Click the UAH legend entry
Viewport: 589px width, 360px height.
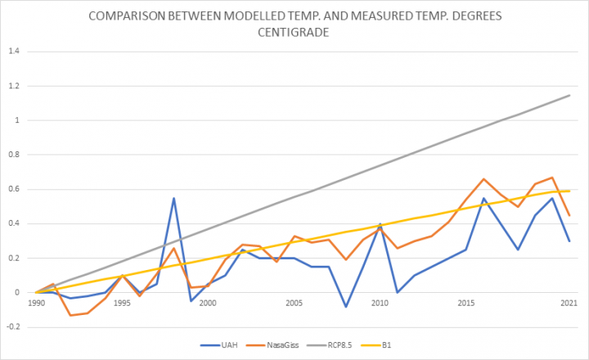point(219,345)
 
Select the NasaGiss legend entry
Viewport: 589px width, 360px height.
point(272,345)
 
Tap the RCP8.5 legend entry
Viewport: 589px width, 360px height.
point(330,345)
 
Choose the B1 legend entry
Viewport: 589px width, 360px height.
point(376,345)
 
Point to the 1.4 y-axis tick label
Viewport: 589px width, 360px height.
point(14,52)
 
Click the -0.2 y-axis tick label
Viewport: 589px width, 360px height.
point(13,327)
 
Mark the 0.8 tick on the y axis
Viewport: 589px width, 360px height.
point(14,155)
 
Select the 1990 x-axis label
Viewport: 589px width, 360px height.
point(36,303)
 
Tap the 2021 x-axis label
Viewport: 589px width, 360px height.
point(569,303)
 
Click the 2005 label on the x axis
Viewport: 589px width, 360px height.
point(294,303)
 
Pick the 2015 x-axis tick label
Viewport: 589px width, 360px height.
point(465,303)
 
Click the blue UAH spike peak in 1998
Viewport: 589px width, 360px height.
point(174,198)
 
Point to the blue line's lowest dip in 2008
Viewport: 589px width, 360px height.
point(346,307)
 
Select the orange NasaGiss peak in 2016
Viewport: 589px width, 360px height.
point(483,179)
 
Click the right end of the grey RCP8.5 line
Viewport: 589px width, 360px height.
point(570,96)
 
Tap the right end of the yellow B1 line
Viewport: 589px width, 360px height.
point(570,191)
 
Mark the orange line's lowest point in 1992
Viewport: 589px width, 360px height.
point(70,315)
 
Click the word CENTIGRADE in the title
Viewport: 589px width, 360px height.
point(294,32)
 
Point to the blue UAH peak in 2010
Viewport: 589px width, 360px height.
point(380,224)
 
